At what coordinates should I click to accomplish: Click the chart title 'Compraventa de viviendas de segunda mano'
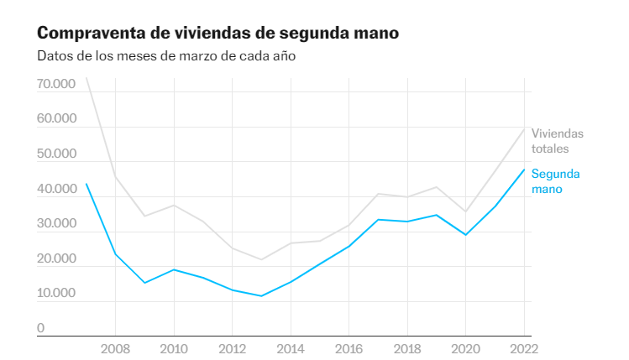(x=217, y=33)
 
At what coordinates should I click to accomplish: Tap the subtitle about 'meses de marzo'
(x=166, y=57)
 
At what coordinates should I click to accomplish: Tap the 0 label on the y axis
(x=40, y=329)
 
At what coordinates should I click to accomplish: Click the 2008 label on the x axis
(x=116, y=348)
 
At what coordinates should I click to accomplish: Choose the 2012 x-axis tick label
(x=233, y=348)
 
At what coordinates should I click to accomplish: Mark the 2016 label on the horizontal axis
(x=349, y=348)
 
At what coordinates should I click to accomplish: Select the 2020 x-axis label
(x=466, y=348)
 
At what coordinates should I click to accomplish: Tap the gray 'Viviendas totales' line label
(x=557, y=141)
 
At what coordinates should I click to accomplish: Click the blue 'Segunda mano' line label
(x=555, y=181)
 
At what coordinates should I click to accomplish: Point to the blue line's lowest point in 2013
(x=262, y=296)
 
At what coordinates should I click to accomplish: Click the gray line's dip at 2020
(x=466, y=212)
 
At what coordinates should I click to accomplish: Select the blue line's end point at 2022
(x=524, y=170)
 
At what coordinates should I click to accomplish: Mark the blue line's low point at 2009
(x=145, y=283)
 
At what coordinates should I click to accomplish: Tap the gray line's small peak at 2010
(x=174, y=205)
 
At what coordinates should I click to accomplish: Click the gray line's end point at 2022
(x=524, y=128)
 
